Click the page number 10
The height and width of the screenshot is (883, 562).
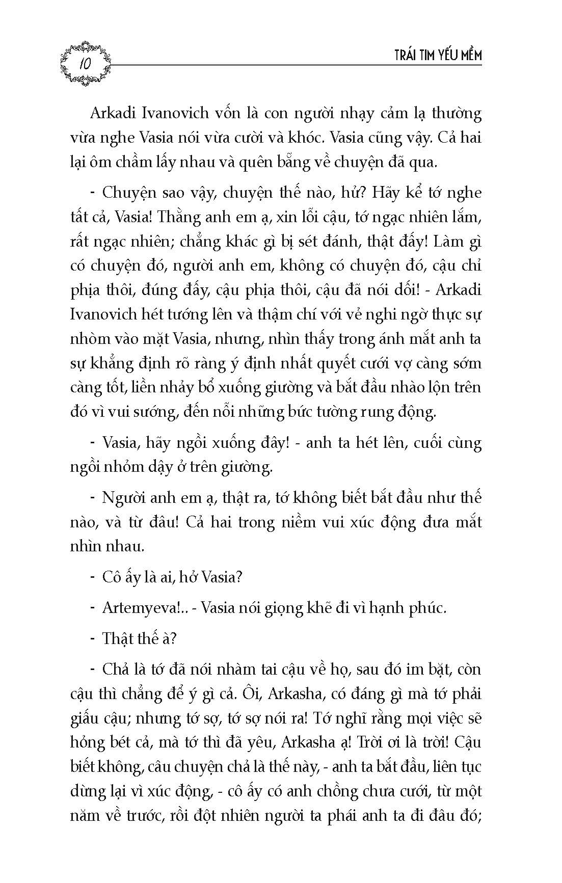point(84,65)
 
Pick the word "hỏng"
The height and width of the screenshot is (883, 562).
point(87,743)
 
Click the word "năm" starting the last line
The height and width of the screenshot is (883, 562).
point(84,816)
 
